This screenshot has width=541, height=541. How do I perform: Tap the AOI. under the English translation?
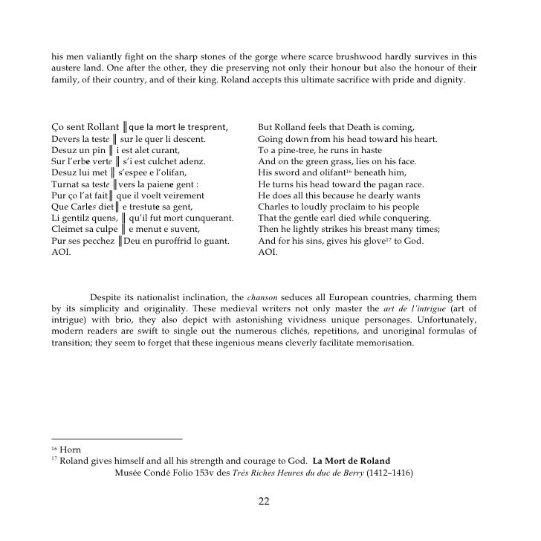(x=268, y=253)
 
